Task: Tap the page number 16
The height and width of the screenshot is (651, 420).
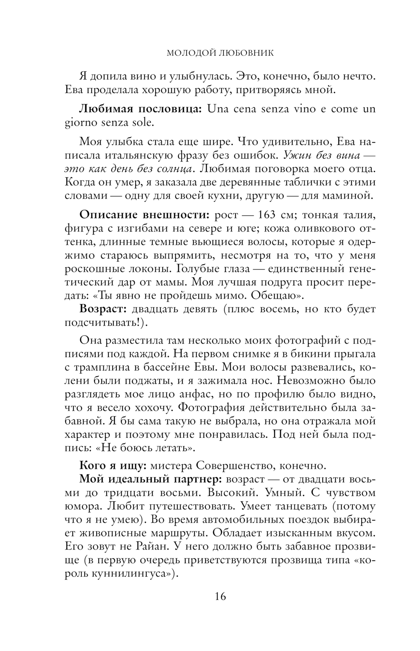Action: click(x=219, y=596)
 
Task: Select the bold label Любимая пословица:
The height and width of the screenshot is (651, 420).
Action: click(x=141, y=109)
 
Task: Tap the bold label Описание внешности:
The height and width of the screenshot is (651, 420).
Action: click(x=144, y=215)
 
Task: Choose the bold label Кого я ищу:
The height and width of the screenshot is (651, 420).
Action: click(x=112, y=466)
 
